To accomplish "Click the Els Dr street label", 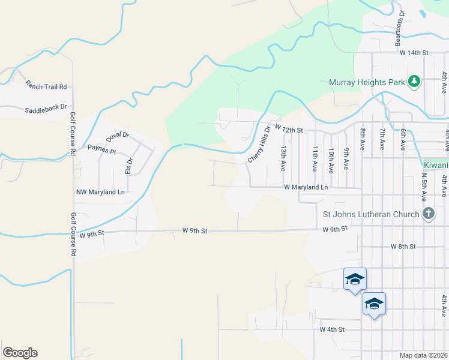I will coord(128,166).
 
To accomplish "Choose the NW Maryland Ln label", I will coord(100,193).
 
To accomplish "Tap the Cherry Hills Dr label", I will coord(260,145).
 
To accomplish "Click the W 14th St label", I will coord(414,53).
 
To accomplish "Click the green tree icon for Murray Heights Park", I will coord(414,81).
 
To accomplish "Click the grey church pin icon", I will coord(429,214).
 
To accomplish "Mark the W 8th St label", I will coord(403,247).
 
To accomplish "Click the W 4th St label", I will coord(332,329).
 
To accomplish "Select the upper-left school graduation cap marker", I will coord(355,279).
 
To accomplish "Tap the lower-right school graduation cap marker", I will coord(374,304).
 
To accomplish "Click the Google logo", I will coord(20,353).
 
